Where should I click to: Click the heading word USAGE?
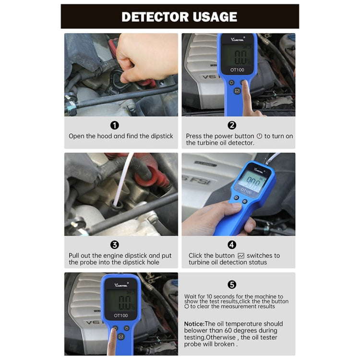coord(211,17)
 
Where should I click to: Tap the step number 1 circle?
coord(115,125)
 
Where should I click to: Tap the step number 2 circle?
coord(232,125)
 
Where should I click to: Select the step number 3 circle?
coord(115,245)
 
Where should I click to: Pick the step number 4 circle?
coord(232,245)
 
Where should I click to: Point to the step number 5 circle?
coord(232,285)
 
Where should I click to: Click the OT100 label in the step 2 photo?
coord(237,70)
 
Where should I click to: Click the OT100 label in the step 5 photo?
coord(120,315)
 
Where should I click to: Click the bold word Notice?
coord(194,324)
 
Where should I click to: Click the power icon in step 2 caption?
coord(260,136)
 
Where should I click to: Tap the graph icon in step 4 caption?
coord(241,256)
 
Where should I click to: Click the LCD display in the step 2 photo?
coord(237,55)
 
